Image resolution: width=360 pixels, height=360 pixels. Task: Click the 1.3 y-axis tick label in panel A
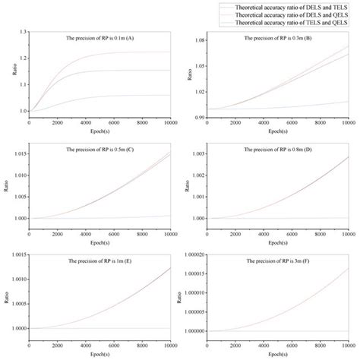pos(22,32)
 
